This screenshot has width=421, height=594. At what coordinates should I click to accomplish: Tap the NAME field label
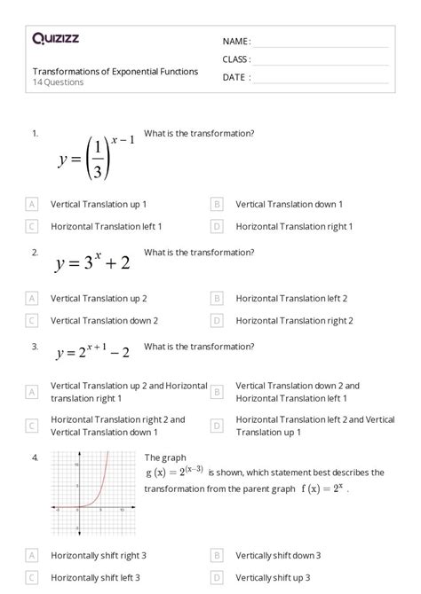click(236, 42)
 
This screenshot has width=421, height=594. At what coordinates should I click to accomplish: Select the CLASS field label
click(236, 59)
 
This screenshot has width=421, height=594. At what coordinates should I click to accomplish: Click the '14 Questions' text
click(59, 82)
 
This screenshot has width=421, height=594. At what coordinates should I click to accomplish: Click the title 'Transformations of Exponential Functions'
click(115, 71)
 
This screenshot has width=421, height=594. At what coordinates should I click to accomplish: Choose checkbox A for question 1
click(32, 204)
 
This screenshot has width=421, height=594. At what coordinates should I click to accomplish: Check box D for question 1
click(217, 226)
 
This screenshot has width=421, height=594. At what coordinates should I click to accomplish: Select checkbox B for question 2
click(217, 299)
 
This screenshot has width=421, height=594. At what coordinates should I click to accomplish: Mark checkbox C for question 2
click(32, 321)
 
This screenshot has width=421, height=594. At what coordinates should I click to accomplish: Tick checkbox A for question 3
click(32, 392)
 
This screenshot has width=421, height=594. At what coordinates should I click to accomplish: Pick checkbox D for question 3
click(217, 426)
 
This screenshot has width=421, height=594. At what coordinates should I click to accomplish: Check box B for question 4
click(217, 555)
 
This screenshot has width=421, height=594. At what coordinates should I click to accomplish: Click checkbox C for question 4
click(32, 577)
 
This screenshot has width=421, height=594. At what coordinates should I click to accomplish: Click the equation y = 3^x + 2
click(92, 262)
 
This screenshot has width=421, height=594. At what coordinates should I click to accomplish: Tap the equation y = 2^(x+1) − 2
click(92, 353)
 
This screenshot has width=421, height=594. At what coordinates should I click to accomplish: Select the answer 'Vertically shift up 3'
click(278, 577)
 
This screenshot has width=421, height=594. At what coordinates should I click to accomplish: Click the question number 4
click(35, 457)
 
